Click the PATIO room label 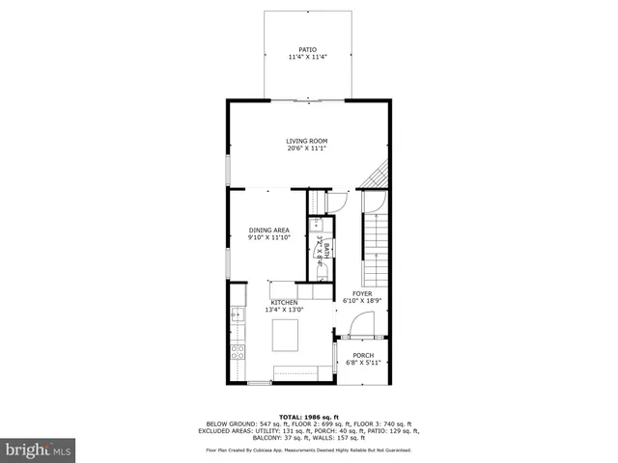(307, 48)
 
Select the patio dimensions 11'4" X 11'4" (307, 57)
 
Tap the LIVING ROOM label (306, 140)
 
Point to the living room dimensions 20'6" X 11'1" (306, 149)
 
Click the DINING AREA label (268, 230)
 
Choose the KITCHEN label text (284, 302)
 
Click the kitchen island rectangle (286, 336)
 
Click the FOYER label (362, 293)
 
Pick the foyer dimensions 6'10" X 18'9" (362, 301)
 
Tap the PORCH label (362, 354)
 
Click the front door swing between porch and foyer (356, 328)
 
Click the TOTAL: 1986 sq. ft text (308, 414)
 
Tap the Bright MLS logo (38, 449)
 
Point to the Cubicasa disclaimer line (308, 450)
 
